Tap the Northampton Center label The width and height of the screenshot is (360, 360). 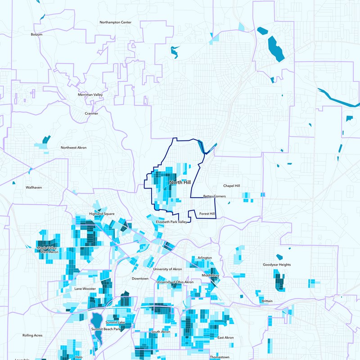(x=116, y=22)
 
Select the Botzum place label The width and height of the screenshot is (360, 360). (x=36, y=34)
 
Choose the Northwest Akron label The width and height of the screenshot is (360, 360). (x=74, y=148)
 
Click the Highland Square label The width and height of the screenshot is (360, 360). (x=102, y=214)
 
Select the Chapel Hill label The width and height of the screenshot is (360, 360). (x=232, y=185)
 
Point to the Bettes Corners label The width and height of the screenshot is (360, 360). (x=214, y=196)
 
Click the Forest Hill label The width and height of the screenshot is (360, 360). (x=207, y=214)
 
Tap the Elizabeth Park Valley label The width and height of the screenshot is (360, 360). (x=171, y=222)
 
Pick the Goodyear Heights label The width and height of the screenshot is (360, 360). (x=277, y=265)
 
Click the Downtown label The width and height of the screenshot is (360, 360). (x=140, y=279)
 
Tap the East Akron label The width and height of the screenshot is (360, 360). (x=226, y=337)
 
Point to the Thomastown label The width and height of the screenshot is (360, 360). (x=220, y=357)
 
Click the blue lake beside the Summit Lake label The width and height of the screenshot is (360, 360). (x=96, y=321)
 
